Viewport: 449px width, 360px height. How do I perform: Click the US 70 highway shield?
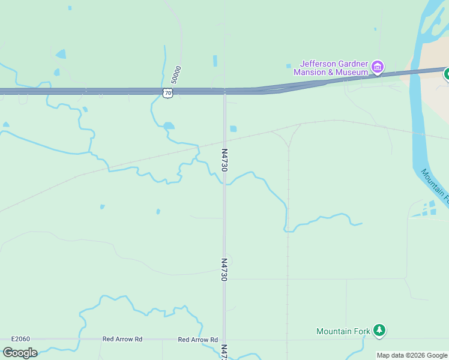(x=168, y=92)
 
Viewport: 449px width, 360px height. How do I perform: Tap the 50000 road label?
(x=175, y=74)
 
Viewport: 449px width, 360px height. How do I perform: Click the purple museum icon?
(x=378, y=67)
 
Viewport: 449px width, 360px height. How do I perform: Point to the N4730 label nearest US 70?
(x=224, y=160)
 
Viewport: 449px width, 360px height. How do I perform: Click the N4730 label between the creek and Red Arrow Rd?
(x=224, y=269)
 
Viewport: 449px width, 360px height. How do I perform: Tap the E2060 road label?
(x=20, y=339)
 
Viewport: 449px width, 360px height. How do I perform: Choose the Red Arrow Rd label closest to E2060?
(x=122, y=339)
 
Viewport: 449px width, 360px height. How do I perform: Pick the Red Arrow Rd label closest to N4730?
(x=197, y=340)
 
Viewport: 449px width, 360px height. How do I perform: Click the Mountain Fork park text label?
(x=343, y=331)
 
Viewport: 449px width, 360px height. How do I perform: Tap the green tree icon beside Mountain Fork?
(x=379, y=330)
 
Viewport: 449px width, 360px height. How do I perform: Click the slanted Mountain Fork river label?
(x=434, y=186)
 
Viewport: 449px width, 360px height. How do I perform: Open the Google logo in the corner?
(x=20, y=353)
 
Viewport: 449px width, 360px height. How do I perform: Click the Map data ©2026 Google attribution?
(x=412, y=355)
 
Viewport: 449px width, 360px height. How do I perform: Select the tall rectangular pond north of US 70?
(x=215, y=61)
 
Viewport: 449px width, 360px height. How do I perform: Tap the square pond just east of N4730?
(x=233, y=128)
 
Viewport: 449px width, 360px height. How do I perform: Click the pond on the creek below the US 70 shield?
(x=169, y=125)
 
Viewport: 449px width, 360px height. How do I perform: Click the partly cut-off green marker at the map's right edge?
(x=447, y=74)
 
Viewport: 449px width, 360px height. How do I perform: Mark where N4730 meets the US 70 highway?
(x=224, y=92)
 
